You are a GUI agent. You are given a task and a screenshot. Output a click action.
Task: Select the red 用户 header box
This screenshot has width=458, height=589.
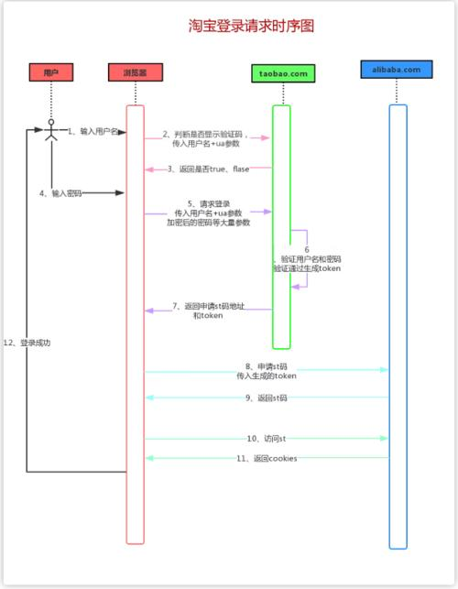[x=50, y=72]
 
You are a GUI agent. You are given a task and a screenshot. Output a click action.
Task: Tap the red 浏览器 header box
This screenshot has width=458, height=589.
[x=135, y=72]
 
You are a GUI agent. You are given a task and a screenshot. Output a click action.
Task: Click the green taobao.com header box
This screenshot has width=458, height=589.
[x=282, y=72]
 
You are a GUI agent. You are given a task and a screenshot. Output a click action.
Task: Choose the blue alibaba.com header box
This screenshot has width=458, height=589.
[x=397, y=70]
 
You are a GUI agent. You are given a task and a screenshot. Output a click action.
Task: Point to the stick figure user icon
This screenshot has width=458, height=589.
[x=51, y=132]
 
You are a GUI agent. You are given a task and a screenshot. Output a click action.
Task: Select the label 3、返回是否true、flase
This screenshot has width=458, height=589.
[x=208, y=169]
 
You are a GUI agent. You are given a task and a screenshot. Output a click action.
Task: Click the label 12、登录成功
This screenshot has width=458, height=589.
[x=27, y=342]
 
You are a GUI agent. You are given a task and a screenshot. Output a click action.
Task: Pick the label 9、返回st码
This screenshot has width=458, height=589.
[x=267, y=398]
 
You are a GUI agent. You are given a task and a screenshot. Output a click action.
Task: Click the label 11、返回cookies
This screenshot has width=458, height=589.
[x=267, y=458]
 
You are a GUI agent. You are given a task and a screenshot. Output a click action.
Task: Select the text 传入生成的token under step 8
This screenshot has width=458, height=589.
[x=267, y=376]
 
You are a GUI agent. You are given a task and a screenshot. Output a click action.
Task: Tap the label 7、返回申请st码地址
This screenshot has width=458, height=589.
[x=208, y=305]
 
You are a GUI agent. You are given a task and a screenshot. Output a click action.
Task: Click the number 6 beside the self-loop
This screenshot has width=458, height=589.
[x=307, y=249]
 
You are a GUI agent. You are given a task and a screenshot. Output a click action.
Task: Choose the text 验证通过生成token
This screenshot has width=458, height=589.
[x=306, y=269]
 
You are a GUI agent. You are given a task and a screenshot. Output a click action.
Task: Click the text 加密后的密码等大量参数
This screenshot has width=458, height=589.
[x=208, y=223]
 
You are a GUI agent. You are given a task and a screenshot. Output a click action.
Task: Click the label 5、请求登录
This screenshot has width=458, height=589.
[x=208, y=203]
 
